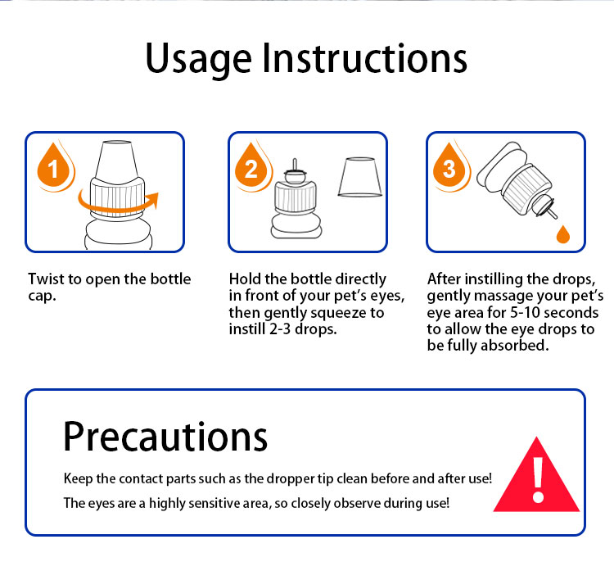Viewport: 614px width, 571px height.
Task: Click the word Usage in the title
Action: (x=198, y=60)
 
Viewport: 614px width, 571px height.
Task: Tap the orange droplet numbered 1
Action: (x=54, y=166)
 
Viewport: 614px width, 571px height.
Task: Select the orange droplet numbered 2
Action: (x=251, y=166)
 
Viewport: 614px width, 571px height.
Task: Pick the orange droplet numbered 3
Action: (x=449, y=166)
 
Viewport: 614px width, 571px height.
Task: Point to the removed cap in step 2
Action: (x=360, y=177)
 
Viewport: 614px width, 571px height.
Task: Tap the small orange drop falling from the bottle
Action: (x=563, y=234)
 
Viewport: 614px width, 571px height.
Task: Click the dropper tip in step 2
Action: (x=295, y=163)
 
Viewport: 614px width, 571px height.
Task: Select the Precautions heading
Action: (x=165, y=437)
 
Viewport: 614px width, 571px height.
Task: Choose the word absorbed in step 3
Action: (x=515, y=345)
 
